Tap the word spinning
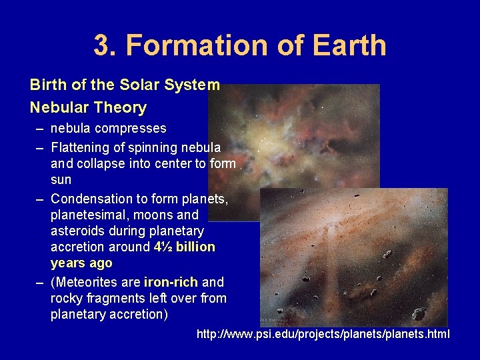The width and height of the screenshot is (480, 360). (x=152, y=147)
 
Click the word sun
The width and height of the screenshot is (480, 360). (x=61, y=179)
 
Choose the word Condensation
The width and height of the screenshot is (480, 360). (x=91, y=199)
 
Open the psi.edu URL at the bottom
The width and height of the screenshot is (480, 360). (x=323, y=333)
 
